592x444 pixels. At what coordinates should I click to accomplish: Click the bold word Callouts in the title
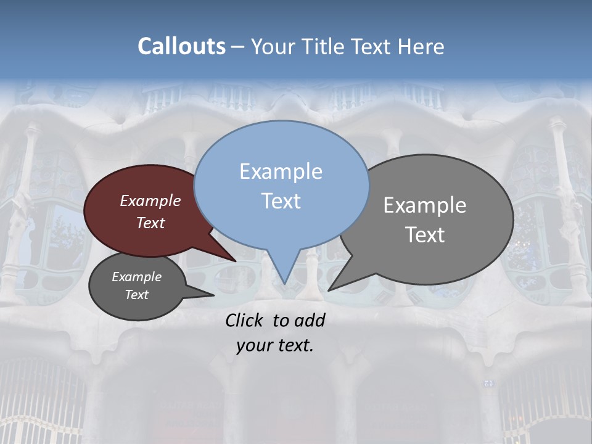coord(181,46)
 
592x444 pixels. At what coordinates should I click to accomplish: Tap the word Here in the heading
coord(422,46)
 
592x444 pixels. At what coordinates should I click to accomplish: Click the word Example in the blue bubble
coord(281,171)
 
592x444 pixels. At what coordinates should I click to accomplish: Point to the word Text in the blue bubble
coord(281,200)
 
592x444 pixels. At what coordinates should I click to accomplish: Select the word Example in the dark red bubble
coord(150,200)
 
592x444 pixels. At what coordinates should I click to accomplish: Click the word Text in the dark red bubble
coord(150,223)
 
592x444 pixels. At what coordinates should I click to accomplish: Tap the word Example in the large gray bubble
coord(425,205)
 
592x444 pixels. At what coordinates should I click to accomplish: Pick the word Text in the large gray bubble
coord(425,234)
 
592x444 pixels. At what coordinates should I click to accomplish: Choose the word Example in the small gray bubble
coord(136,277)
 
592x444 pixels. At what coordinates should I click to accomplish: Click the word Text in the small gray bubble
coord(136,295)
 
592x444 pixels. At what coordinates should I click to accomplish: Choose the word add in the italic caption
coord(309,320)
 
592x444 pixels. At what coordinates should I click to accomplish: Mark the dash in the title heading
coord(238,46)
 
